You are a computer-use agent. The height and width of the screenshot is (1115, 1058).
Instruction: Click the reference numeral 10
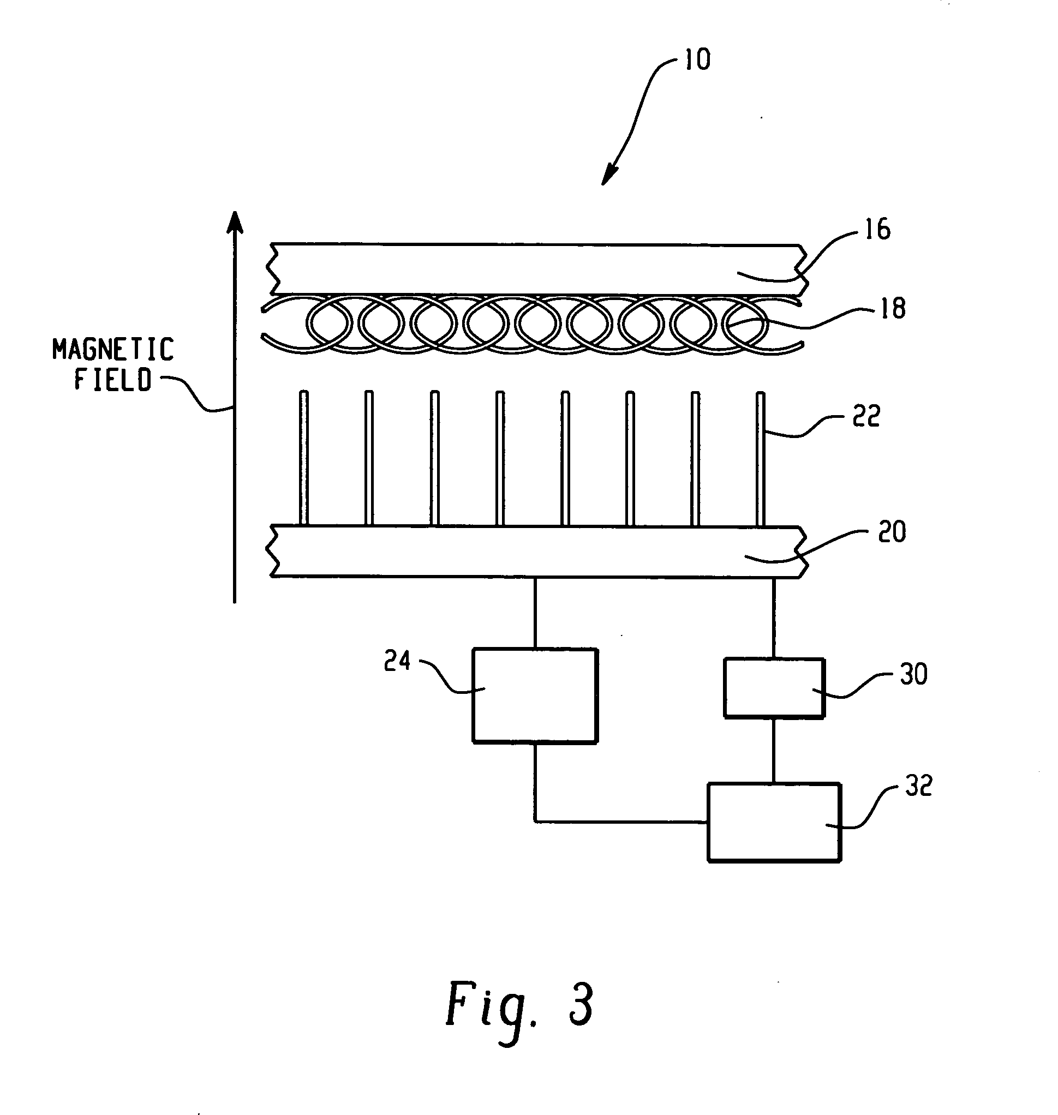(697, 59)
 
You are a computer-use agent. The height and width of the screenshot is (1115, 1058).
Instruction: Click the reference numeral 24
(397, 661)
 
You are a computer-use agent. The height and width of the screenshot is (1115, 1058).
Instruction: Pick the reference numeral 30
(913, 674)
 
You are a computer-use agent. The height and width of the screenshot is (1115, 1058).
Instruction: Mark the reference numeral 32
(919, 784)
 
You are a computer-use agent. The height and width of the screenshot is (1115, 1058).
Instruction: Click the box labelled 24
(535, 696)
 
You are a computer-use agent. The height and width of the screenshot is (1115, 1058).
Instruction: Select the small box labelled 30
(774, 688)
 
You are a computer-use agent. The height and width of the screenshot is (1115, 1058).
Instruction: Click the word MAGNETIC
(113, 350)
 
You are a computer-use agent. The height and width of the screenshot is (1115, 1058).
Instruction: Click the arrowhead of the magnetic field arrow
(235, 221)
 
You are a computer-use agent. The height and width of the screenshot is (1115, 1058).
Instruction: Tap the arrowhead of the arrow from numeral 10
(608, 176)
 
